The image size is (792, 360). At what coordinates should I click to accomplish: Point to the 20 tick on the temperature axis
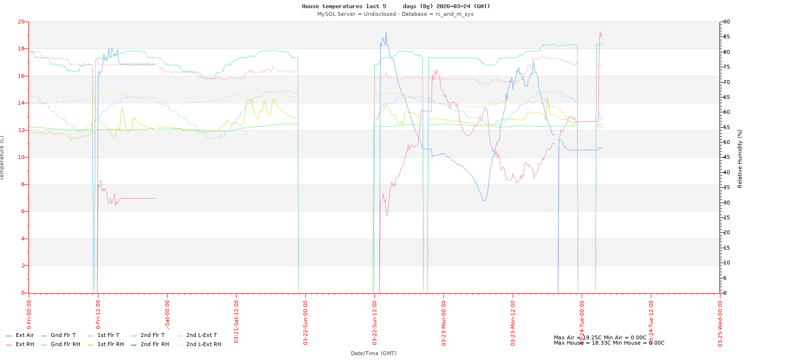(x=21, y=22)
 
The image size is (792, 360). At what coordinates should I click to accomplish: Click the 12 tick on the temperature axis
(x=21, y=130)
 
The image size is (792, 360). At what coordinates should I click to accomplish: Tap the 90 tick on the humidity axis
(x=727, y=22)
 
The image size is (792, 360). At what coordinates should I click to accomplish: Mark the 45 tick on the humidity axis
(x=727, y=157)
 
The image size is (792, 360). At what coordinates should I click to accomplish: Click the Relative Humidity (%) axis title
(x=740, y=158)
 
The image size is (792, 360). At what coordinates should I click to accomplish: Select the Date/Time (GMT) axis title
(x=373, y=353)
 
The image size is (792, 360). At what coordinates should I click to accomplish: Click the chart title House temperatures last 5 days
(x=396, y=6)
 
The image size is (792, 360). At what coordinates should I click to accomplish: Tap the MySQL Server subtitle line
(x=395, y=14)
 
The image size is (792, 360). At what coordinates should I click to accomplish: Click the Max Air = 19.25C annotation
(x=600, y=337)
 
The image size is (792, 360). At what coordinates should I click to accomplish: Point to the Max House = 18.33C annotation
(x=609, y=343)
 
